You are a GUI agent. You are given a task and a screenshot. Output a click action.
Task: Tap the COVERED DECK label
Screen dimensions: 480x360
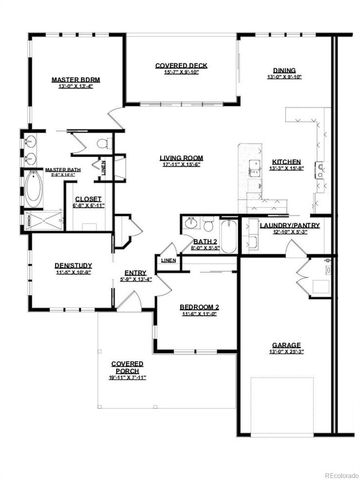(x=180, y=66)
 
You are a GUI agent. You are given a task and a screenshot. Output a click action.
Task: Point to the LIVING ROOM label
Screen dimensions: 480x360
(x=182, y=158)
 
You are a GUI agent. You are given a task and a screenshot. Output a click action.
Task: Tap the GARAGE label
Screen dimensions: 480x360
(x=287, y=347)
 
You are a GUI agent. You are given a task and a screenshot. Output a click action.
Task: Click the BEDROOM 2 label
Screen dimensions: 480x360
(x=200, y=308)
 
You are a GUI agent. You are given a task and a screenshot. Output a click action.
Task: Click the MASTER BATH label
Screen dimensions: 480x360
(x=62, y=170)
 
